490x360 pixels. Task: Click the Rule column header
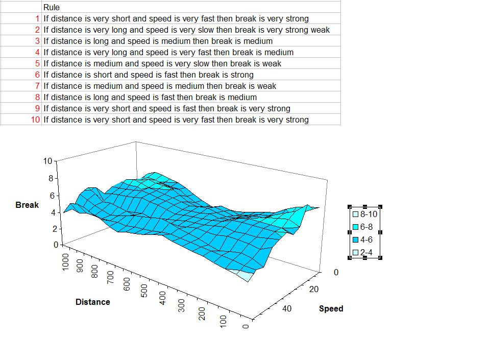52,8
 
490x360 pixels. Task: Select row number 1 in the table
38,19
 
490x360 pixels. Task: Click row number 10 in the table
36,120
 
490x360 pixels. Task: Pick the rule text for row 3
158,41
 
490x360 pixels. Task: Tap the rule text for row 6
148,75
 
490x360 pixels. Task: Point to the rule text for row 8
150,98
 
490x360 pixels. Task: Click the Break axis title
27,205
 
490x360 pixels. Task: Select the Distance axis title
92,302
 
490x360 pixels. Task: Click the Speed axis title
331,309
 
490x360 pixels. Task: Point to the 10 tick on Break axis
48,161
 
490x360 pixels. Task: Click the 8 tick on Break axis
51,179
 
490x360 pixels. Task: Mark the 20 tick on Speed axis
314,290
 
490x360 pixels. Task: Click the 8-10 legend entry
365,214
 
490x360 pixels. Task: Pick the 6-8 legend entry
365,227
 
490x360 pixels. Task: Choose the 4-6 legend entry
365,239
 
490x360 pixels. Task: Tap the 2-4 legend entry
365,252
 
